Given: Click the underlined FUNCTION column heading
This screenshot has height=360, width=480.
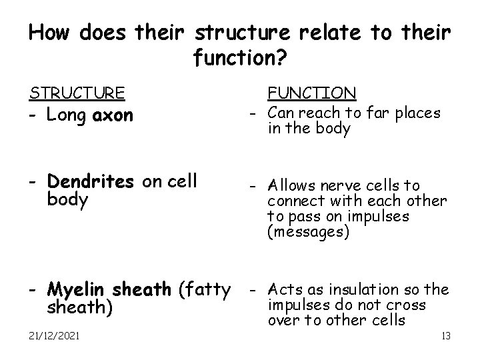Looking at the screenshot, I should (x=311, y=92).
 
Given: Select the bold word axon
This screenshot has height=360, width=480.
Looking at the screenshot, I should (x=113, y=116).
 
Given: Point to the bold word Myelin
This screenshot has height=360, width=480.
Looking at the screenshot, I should (x=78, y=291).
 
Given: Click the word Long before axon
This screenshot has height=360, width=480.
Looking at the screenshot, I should (x=68, y=116).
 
